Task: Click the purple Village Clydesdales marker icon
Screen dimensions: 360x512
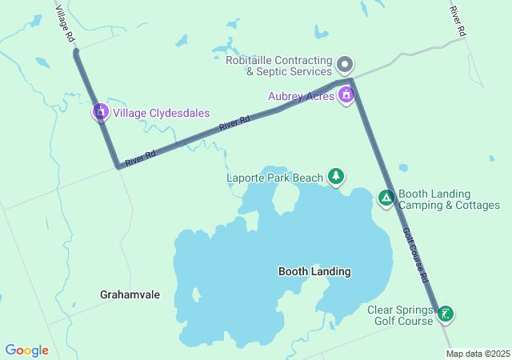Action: click(100, 112)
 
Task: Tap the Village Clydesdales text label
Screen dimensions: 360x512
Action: click(161, 113)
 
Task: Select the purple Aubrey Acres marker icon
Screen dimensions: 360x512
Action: click(346, 95)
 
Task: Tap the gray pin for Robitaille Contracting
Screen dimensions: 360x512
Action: click(345, 63)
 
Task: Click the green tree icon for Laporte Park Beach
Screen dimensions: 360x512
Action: click(336, 177)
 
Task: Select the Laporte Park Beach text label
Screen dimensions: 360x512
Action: click(274, 177)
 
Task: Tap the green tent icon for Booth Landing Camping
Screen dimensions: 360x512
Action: click(386, 198)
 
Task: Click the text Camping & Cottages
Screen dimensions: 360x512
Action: click(449, 205)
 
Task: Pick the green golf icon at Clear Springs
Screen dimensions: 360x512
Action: click(446, 314)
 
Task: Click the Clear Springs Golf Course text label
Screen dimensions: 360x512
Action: click(400, 315)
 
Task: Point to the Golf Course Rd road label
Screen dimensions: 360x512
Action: click(415, 254)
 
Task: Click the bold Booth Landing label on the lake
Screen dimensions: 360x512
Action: click(314, 272)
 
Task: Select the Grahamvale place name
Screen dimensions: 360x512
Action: click(130, 294)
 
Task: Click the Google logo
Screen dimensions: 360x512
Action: click(26, 350)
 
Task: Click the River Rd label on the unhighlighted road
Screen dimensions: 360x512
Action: click(457, 21)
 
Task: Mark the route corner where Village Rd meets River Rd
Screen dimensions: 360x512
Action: click(118, 167)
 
